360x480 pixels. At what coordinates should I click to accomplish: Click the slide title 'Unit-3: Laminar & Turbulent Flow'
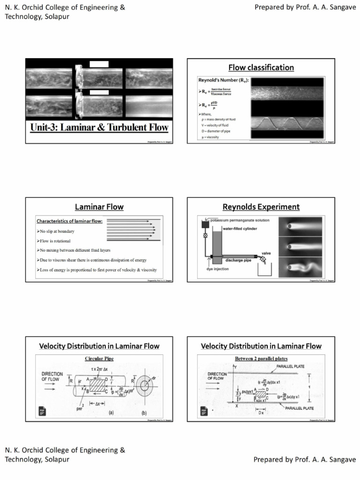[x=99, y=127]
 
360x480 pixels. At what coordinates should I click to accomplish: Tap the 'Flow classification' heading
[x=261, y=67]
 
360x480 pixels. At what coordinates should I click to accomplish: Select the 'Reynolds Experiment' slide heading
[x=261, y=207]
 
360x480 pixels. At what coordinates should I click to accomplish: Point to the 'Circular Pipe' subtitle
[x=99, y=359]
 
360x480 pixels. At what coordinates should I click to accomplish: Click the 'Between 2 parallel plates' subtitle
[x=261, y=359]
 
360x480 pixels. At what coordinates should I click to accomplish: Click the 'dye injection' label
[x=216, y=269]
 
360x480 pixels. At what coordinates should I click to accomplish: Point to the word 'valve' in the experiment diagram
[x=266, y=253]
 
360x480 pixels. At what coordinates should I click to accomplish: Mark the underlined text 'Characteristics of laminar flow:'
[x=69, y=221]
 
